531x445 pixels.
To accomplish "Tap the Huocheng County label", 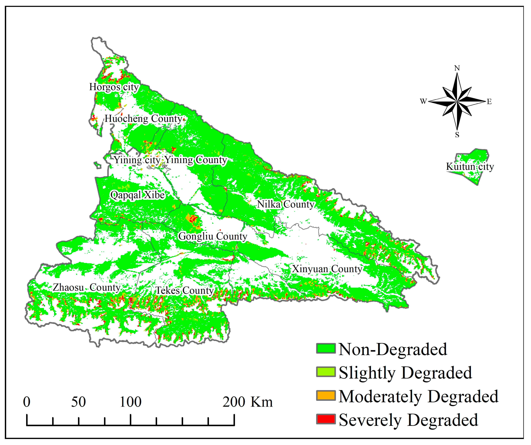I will (x=143, y=119).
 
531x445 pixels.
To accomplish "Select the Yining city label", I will (x=137, y=160).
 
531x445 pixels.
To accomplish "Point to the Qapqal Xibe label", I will (x=137, y=195).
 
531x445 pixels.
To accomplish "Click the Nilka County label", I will (x=286, y=204).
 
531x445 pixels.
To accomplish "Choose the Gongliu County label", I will (x=213, y=236).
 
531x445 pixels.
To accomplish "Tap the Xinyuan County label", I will (x=327, y=269).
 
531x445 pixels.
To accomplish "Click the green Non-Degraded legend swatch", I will (x=326, y=349).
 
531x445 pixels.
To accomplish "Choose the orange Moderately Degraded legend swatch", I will (x=326, y=396).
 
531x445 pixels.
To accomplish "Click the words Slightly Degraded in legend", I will (x=405, y=373).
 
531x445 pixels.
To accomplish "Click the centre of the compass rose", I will (x=457, y=102).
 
